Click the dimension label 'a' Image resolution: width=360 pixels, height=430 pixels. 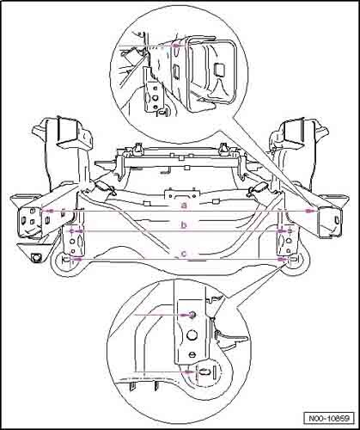[185, 206]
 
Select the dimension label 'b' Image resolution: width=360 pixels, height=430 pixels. [184, 224]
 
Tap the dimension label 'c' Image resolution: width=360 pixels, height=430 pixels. [184, 254]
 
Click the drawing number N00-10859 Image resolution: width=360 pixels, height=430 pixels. [329, 418]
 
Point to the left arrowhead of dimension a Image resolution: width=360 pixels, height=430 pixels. [49, 211]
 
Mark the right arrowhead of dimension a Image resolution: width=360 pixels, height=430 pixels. [309, 211]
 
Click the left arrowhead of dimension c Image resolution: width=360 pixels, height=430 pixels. [76, 259]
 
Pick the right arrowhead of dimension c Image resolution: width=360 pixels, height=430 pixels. [282, 259]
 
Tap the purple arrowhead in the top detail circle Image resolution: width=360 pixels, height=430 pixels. [176, 46]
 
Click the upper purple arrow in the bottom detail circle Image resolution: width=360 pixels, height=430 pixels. [162, 315]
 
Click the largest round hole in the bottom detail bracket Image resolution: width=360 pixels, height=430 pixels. [192, 334]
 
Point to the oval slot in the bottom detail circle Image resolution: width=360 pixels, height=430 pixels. [204, 372]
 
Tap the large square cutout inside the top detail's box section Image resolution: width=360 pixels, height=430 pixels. [219, 69]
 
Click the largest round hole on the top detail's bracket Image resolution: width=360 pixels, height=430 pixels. [155, 98]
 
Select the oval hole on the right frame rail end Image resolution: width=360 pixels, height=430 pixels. [337, 220]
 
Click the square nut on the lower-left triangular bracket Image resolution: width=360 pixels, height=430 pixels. [36, 257]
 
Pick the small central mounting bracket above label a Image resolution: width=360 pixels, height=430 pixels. [181, 193]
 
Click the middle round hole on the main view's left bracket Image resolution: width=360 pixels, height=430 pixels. [72, 242]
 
